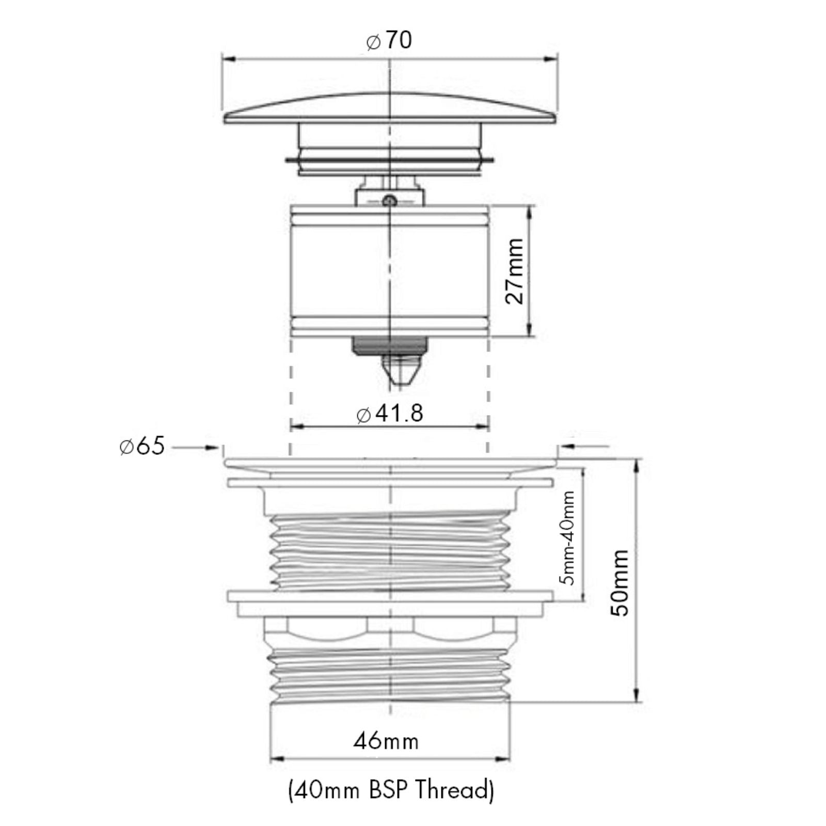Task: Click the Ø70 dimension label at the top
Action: pyautogui.click(x=390, y=41)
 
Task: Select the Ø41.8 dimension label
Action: pyautogui.click(x=390, y=414)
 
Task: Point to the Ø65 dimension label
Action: pyautogui.click(x=142, y=446)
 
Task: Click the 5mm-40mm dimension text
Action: pyautogui.click(x=568, y=537)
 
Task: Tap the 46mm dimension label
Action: pyautogui.click(x=386, y=741)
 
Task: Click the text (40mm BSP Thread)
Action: pyautogui.click(x=390, y=791)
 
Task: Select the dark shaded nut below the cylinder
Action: pyautogui.click(x=390, y=344)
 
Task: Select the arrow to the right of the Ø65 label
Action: pyautogui.click(x=212, y=448)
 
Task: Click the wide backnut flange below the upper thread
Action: pyautogui.click(x=390, y=597)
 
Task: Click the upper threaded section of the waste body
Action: pyautogui.click(x=390, y=552)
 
